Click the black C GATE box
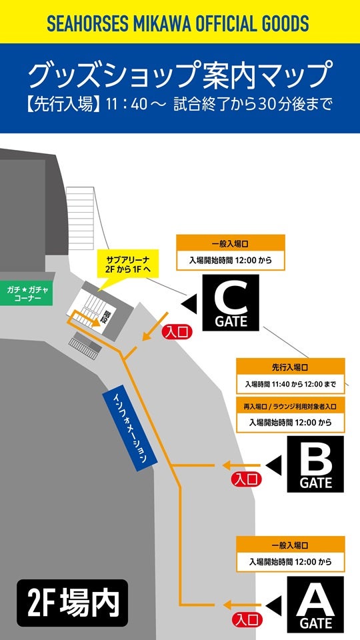coord(231,304)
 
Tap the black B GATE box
coord(315,464)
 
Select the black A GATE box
coord(315,604)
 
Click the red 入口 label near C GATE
coord(177,330)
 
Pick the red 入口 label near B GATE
coord(245,479)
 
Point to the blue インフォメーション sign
coord(129,429)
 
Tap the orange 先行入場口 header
coord(290,367)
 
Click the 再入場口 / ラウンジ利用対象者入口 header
coord(290,405)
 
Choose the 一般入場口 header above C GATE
coord(230,243)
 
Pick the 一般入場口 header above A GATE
coord(290,544)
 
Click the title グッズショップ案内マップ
coord(180,75)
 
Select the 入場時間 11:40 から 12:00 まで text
coord(290,385)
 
